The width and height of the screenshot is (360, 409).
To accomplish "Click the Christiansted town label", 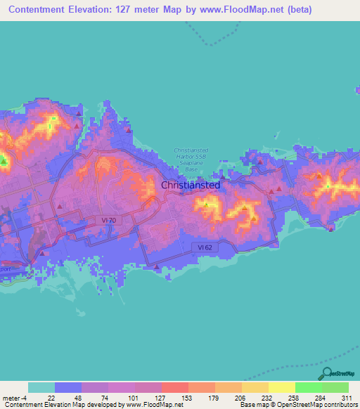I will click(x=191, y=185).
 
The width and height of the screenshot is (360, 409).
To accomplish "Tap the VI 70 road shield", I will click(x=107, y=220).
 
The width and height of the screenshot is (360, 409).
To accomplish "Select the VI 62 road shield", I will click(x=204, y=247).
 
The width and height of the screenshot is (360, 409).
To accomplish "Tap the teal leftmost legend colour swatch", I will click(x=41, y=387).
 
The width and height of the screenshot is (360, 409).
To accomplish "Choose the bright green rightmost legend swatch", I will click(x=335, y=387).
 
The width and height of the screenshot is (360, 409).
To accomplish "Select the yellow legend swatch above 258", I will click(x=281, y=387).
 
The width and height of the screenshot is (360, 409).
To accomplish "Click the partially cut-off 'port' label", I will click(x=6, y=267).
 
